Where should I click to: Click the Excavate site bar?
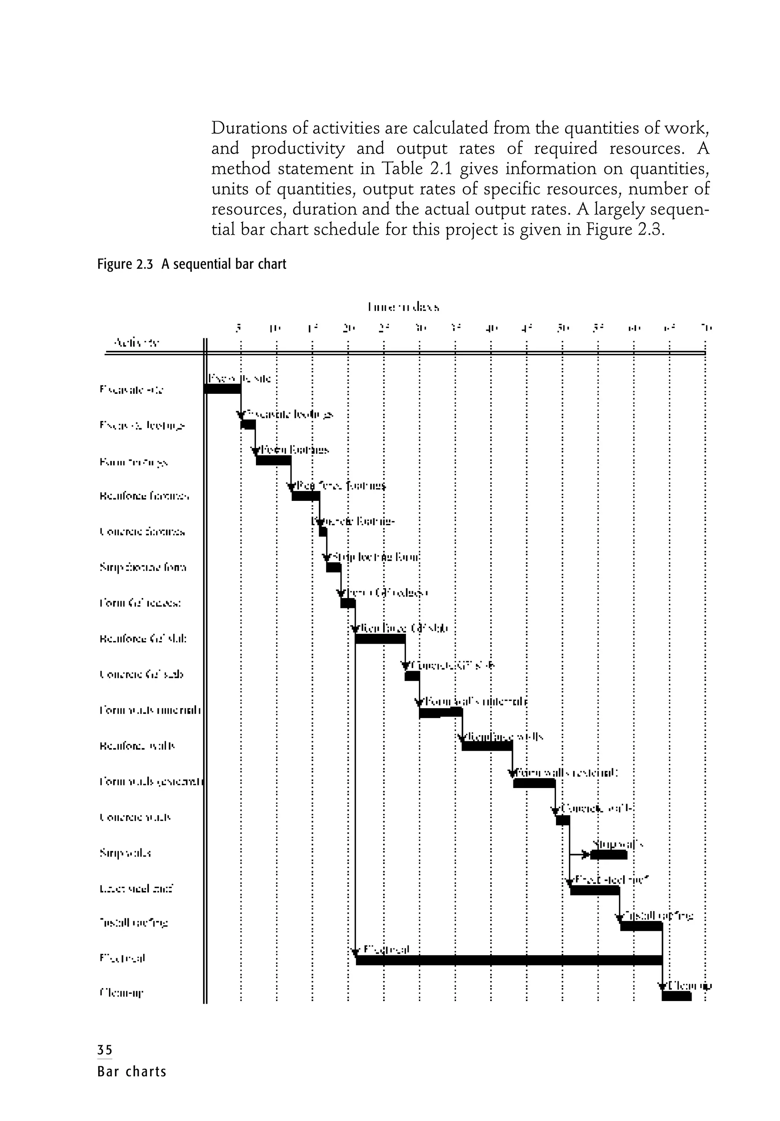pyautogui.click(x=222, y=389)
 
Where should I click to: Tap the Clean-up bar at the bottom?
pyautogui.click(x=676, y=996)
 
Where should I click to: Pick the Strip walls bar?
pyautogui.click(x=608, y=854)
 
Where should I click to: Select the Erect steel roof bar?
pyautogui.click(x=594, y=890)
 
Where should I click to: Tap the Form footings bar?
pyautogui.click(x=273, y=460)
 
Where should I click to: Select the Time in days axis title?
pyautogui.click(x=403, y=307)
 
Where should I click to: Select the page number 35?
pyautogui.click(x=104, y=1050)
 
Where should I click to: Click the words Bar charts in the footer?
pyautogui.click(x=132, y=1071)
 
